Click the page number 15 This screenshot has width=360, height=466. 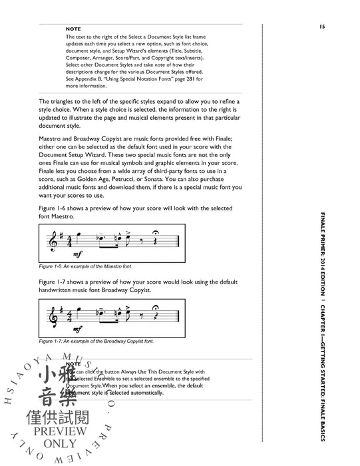click(321, 27)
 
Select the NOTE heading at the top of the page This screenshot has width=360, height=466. click(74, 29)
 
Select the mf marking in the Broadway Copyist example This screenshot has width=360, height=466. click(79, 330)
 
